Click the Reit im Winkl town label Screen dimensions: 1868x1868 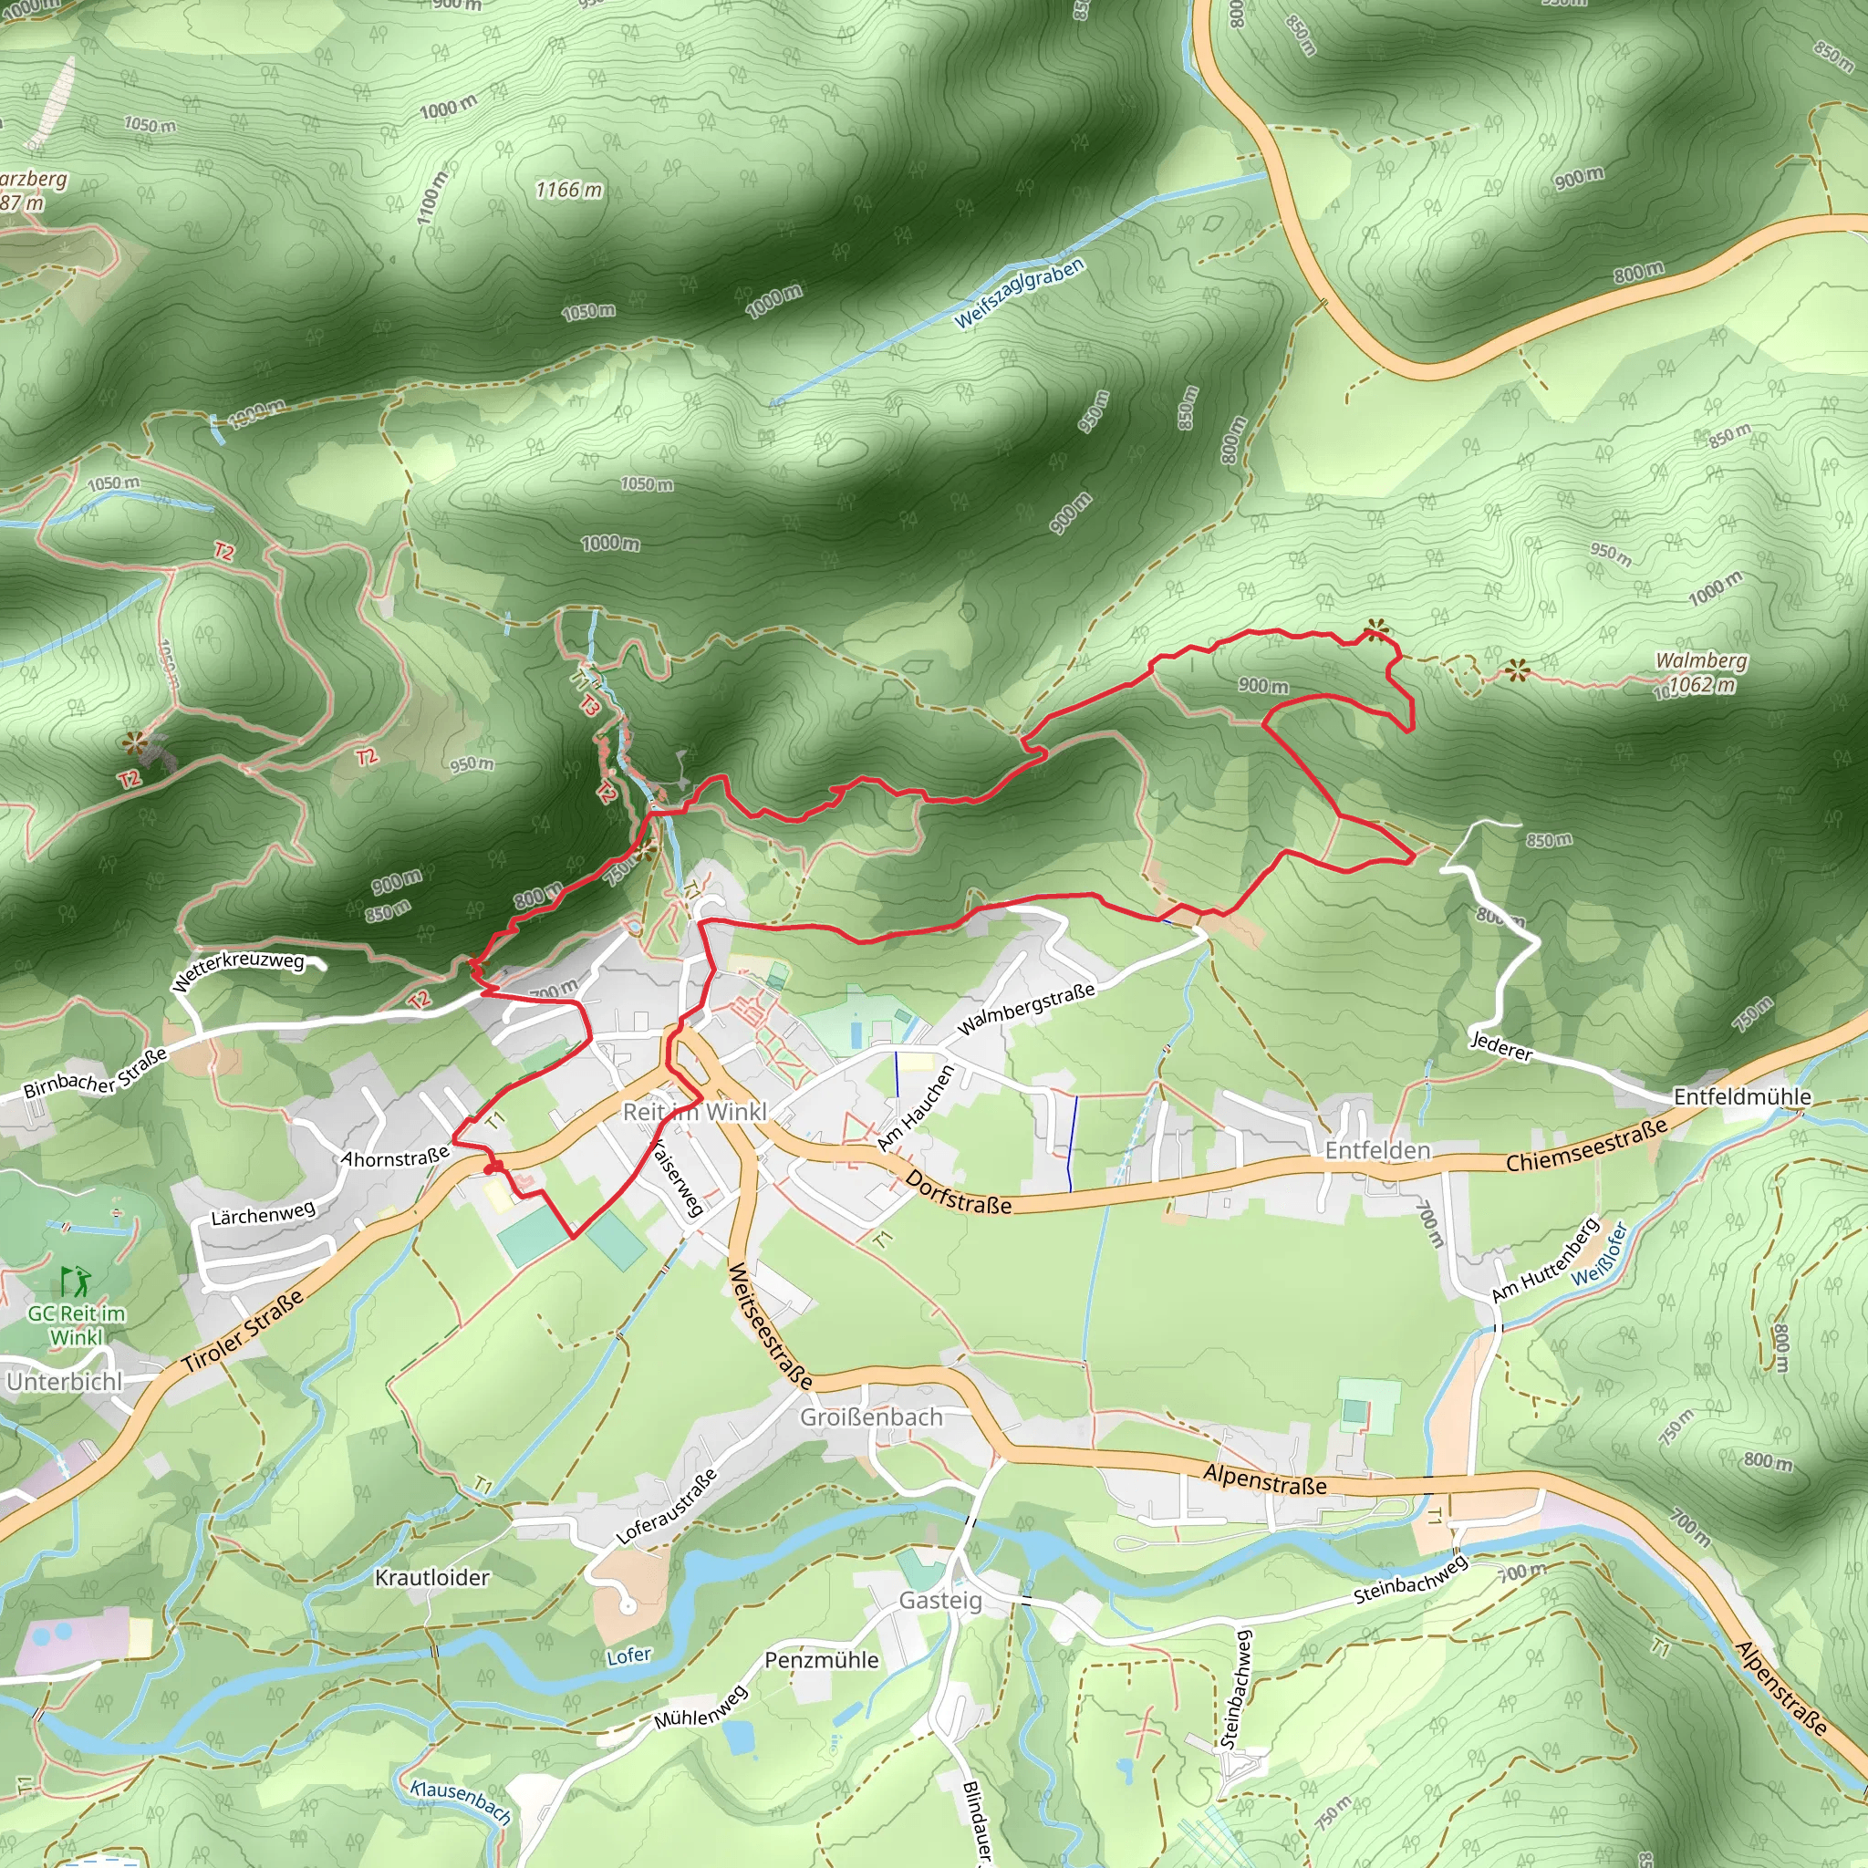(694, 1112)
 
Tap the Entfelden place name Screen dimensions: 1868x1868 (1376, 1150)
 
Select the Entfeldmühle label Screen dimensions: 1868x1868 (1742, 1096)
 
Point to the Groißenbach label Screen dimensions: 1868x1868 (870, 1417)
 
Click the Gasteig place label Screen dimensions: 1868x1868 (939, 1600)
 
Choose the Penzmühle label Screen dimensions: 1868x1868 (822, 1660)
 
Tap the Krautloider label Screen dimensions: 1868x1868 (432, 1578)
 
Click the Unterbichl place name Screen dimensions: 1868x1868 (65, 1382)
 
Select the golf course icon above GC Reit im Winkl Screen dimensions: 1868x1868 (76, 1282)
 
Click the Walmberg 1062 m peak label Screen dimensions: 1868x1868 (1701, 673)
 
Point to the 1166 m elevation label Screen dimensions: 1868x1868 (568, 191)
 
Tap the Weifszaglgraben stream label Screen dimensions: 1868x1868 (1018, 294)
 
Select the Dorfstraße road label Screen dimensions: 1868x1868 (959, 1193)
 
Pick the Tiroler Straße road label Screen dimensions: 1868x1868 (244, 1331)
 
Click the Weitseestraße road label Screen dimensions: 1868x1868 (770, 1325)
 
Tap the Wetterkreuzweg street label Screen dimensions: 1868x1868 (238, 971)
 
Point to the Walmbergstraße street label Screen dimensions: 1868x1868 (1026, 1009)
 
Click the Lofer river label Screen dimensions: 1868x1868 (628, 1656)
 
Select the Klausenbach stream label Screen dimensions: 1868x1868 (461, 1801)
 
